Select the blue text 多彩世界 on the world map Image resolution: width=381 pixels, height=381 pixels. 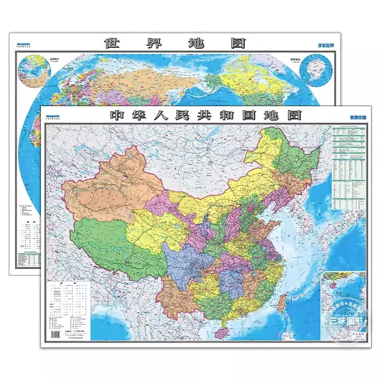[327, 46]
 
